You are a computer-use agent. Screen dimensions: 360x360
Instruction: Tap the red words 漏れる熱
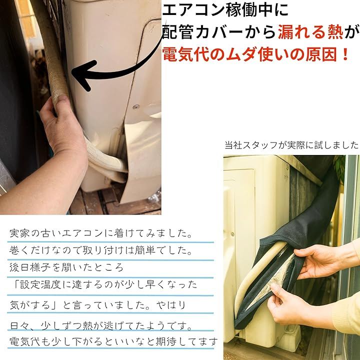pos(310,32)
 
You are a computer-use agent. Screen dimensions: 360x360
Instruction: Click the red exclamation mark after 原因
pos(345,55)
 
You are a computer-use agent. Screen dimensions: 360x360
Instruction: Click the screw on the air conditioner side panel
pos(136,107)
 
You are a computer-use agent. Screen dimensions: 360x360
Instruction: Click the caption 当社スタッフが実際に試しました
pos(291,145)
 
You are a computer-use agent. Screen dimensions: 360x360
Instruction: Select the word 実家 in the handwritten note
pos(19,233)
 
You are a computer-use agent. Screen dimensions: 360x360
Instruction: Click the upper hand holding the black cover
pos(321,260)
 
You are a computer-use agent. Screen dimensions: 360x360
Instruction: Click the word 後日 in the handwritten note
pos(19,267)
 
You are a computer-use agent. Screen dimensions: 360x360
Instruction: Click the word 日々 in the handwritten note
pos(19,325)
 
